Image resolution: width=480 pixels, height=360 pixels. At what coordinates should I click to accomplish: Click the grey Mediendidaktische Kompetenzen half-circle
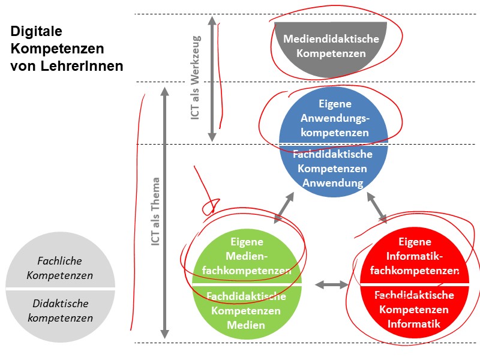coord(331,46)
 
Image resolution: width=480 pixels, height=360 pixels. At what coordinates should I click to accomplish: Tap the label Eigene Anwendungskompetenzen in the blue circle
coord(334,118)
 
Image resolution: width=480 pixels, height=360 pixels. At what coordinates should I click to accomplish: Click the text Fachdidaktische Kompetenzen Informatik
coord(414,310)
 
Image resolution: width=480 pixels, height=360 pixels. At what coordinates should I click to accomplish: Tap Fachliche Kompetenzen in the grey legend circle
coord(59,268)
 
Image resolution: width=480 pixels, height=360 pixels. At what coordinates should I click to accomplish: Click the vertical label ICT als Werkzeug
coord(196,78)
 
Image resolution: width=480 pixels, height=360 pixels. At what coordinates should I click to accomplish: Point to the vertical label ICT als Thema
coord(155,212)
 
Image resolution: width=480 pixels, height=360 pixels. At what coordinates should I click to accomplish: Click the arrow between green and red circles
coord(332,284)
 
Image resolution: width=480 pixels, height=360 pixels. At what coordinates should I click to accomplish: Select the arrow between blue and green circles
coord(284,208)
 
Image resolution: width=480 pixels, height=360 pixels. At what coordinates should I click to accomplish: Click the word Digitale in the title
coord(36,31)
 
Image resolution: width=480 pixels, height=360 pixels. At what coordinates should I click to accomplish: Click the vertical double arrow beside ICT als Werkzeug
coord(212,78)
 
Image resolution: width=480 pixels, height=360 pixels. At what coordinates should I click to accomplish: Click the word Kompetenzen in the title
coord(57,49)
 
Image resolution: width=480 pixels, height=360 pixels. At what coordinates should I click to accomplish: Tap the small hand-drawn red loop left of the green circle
coord(209,208)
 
